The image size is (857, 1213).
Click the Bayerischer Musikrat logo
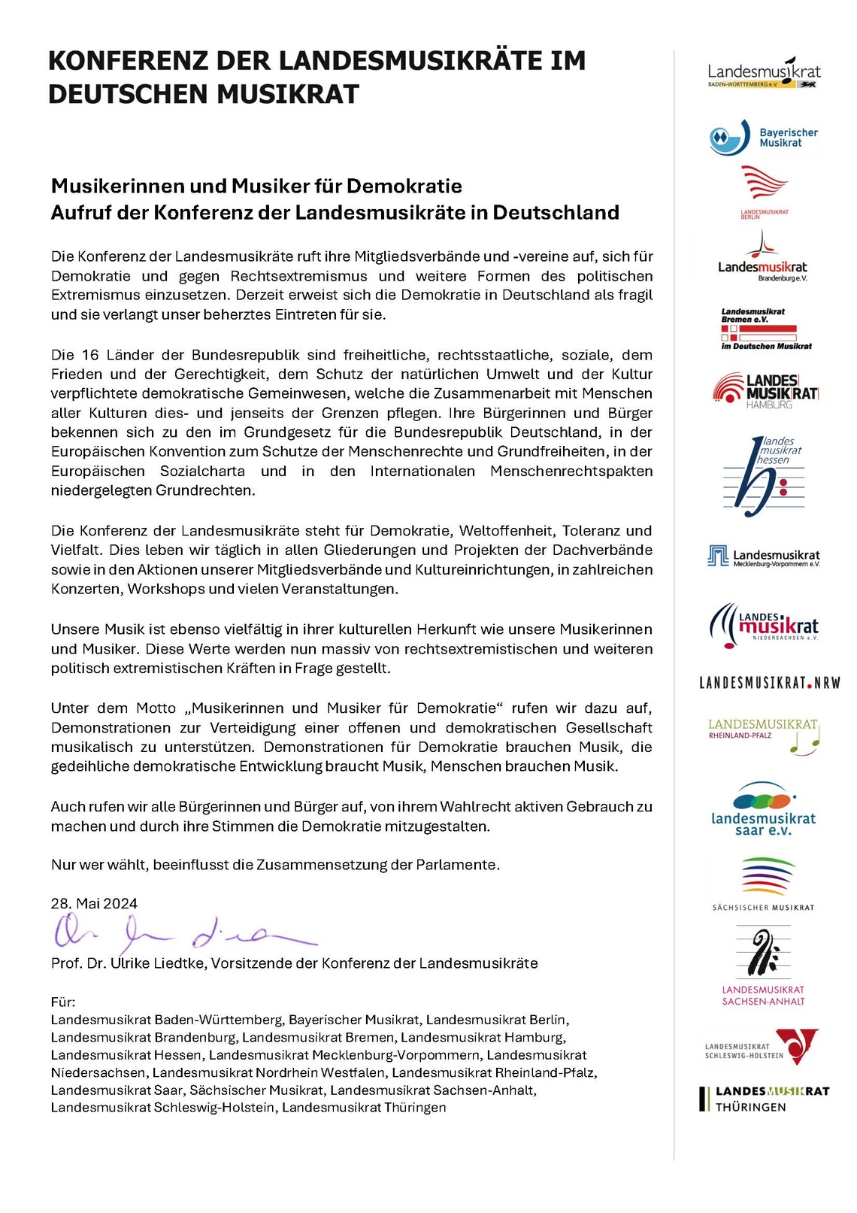tap(763, 138)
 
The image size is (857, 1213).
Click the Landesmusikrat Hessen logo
tap(764, 471)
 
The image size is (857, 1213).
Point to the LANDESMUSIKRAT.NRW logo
tap(769, 683)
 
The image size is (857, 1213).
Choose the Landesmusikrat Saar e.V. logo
tap(764, 809)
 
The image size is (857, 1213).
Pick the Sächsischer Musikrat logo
tap(764, 884)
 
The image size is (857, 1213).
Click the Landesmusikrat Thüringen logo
tap(764, 1099)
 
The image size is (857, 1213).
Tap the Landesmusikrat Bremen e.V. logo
tap(766, 329)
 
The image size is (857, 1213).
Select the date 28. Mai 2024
tap(94, 904)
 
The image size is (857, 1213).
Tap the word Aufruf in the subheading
tap(77, 213)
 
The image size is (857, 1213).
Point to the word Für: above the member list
tap(63, 1002)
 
